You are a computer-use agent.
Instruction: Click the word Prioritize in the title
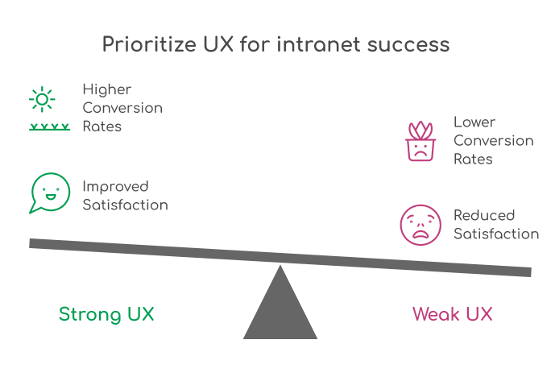coord(142,44)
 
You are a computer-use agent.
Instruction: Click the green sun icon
coord(42,99)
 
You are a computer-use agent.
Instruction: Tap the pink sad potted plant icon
coord(419,142)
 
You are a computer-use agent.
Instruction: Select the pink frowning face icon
coord(420,225)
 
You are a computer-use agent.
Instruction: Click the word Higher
coord(106,89)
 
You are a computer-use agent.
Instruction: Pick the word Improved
coord(116,186)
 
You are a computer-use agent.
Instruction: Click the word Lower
coord(474,122)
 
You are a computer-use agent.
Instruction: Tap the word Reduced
coord(484,215)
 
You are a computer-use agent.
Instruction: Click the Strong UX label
coord(106,313)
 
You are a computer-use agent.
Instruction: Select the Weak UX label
coord(452,313)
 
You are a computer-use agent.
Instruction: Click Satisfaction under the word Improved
coord(125,205)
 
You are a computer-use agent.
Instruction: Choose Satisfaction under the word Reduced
coord(496,234)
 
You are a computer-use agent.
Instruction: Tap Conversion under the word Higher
coord(122,107)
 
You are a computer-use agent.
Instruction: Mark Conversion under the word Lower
coord(494,141)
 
